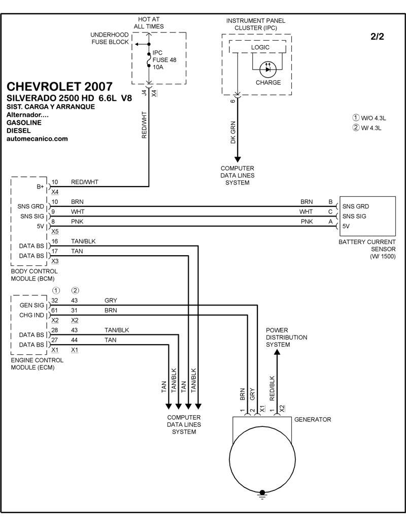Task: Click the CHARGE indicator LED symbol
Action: tap(267, 70)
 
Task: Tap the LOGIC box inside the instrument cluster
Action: tap(258, 47)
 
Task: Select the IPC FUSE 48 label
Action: tap(164, 59)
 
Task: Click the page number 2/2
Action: tap(377, 37)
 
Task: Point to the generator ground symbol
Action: tap(262, 495)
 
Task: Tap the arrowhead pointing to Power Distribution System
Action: tap(277, 352)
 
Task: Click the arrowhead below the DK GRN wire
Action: tap(238, 159)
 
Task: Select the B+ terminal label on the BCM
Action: tap(40, 187)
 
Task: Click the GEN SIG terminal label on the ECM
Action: tap(32, 305)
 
